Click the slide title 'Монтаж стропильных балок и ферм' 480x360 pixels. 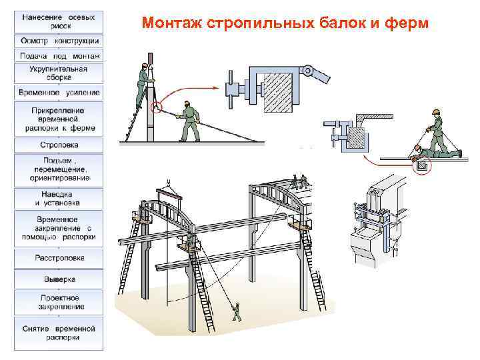286,24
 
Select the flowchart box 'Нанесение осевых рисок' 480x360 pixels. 59,20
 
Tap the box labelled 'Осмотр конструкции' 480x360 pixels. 59,41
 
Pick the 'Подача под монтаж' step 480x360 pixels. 59,55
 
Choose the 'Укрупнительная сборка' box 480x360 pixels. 59,72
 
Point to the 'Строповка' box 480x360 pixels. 59,144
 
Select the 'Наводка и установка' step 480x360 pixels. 59,197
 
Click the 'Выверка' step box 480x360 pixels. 59,279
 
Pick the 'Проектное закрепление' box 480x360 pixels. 59,302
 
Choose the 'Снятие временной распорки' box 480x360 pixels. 59,333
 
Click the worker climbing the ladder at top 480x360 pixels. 143,83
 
